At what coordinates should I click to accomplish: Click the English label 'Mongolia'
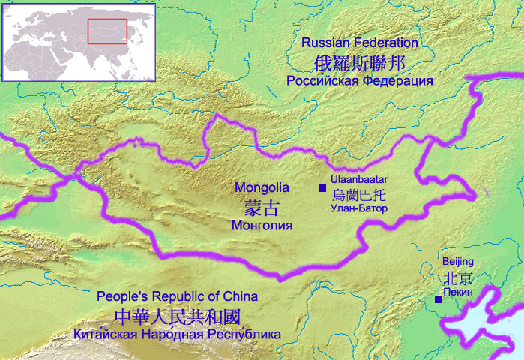click(x=262, y=187)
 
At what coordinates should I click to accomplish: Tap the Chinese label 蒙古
click(x=262, y=206)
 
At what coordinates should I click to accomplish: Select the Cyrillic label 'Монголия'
click(x=262, y=224)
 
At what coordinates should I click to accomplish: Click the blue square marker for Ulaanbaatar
click(x=322, y=187)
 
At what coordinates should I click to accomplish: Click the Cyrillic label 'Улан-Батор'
click(x=358, y=208)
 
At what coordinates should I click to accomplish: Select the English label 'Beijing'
click(x=457, y=261)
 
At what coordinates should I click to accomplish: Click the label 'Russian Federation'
click(x=359, y=43)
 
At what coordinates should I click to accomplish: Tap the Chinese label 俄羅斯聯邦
click(x=359, y=61)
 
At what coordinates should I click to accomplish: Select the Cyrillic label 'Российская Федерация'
click(x=360, y=80)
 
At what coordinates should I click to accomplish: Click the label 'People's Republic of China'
click(x=178, y=295)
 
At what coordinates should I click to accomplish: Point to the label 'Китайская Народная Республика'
click(x=178, y=334)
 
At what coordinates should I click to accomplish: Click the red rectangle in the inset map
click(x=108, y=31)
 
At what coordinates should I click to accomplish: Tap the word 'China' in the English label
click(x=241, y=295)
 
